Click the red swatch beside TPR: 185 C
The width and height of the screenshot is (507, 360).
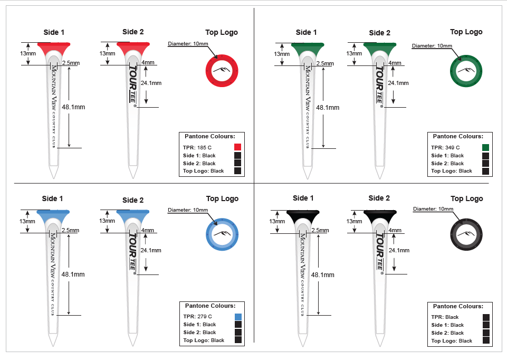237,147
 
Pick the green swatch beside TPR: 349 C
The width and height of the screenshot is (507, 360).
485,147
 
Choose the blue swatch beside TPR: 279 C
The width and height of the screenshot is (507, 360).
237,316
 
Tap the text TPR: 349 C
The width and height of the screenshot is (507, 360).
445,147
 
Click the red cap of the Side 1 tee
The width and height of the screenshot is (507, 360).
53,44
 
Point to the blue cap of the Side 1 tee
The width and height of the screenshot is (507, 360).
53,213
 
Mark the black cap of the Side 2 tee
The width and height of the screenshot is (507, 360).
379,213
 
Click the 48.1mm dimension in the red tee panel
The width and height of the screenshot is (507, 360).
73,107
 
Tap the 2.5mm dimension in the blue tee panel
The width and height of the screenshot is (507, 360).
70,230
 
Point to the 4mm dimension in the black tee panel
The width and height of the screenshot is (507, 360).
395,230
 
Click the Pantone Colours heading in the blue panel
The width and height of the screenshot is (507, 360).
210,306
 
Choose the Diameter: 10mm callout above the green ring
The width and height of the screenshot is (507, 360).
431,46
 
